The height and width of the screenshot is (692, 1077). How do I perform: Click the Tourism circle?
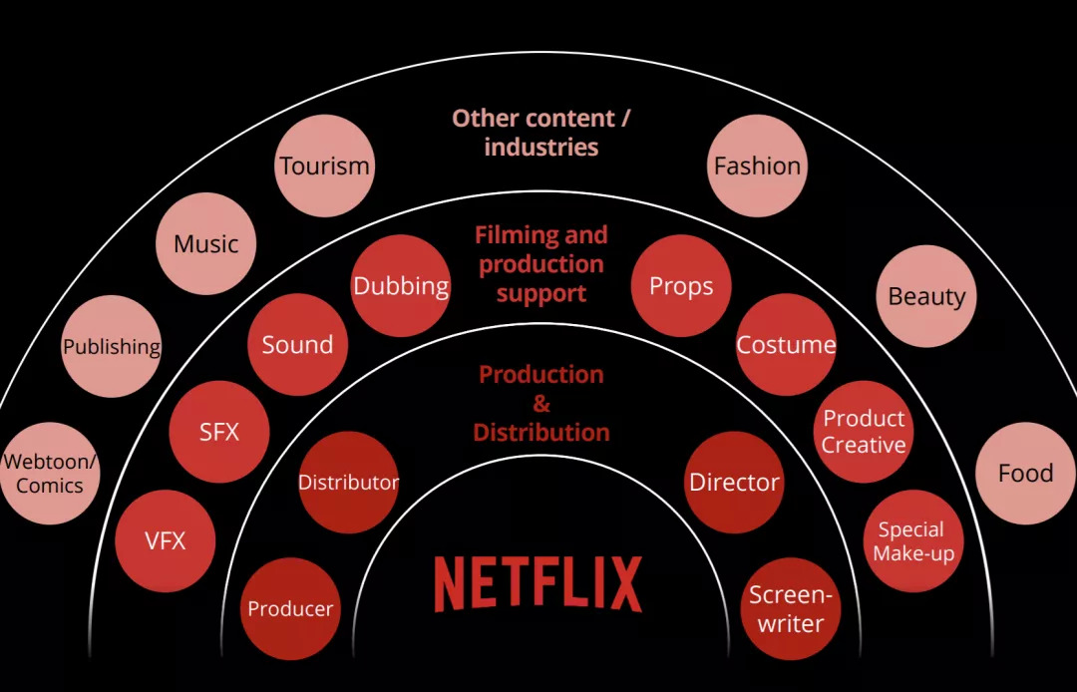point(324,166)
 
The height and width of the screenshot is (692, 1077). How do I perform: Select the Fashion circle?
point(757,166)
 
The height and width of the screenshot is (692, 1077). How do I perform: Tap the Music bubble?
point(206,243)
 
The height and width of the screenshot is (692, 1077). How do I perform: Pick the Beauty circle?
point(926,296)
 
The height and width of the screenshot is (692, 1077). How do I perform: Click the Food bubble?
point(1026,473)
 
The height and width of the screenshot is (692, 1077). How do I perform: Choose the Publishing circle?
point(112,346)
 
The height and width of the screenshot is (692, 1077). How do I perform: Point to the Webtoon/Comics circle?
point(50,473)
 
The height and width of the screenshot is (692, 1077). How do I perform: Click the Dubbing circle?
point(401,285)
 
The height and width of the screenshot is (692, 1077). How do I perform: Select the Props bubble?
point(681,285)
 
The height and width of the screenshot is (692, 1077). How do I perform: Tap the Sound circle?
point(297,345)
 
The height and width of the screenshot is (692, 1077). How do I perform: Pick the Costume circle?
point(786,345)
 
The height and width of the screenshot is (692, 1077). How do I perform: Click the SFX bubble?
point(219,432)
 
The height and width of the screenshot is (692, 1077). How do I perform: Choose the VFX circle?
point(166,541)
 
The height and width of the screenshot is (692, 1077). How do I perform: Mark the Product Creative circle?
point(864,432)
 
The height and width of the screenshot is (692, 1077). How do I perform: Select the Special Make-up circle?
point(913,541)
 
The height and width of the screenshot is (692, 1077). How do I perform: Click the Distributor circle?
point(348,482)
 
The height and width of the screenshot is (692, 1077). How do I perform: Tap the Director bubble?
point(734,482)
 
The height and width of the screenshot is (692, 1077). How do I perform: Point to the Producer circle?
point(290,608)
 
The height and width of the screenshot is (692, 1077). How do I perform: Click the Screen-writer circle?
point(791,608)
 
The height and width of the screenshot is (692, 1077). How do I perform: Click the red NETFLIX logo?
point(538,583)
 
